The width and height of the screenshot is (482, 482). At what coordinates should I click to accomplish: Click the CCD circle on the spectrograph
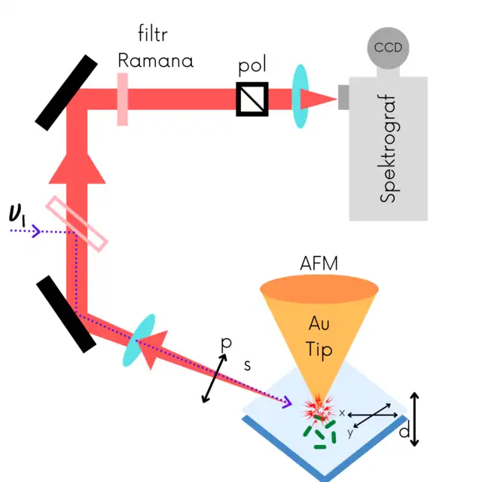pos(388,48)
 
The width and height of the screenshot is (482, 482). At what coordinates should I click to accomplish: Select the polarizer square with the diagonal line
pos(252,99)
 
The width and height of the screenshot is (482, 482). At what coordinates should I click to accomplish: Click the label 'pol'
pos(253,67)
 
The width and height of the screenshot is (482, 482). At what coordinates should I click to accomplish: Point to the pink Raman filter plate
pos(122,98)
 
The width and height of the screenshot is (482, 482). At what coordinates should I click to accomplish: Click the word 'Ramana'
pos(155,59)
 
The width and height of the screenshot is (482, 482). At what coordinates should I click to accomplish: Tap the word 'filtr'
pos(154,33)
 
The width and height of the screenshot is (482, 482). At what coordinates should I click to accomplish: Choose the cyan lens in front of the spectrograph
pos(300,96)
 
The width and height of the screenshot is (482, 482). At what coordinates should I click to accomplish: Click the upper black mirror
pos(67,90)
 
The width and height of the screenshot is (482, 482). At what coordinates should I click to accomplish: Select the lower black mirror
pos(67,313)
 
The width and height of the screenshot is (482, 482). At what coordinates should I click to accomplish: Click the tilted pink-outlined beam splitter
pos(77,223)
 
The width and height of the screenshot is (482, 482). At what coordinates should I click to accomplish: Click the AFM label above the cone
pos(319,264)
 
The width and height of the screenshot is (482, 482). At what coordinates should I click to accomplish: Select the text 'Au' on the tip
pos(319,323)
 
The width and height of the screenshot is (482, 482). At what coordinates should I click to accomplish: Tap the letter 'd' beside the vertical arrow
pos(404,432)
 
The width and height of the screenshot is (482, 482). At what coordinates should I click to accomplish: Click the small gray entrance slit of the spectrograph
pos(343,98)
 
